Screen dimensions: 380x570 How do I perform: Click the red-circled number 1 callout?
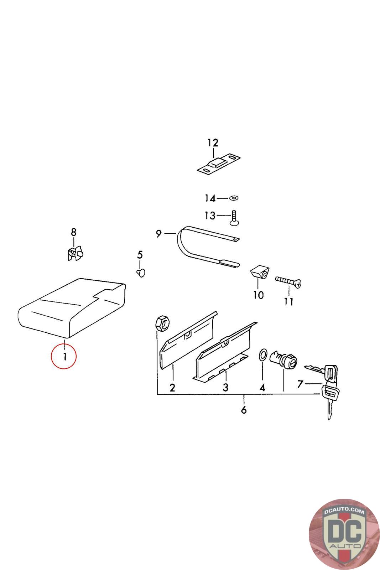pyautogui.click(x=64, y=356)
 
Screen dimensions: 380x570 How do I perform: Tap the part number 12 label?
pyautogui.click(x=213, y=143)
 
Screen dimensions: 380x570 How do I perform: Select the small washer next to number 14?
pyautogui.click(x=234, y=198)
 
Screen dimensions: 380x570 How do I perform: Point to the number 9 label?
pyautogui.click(x=159, y=234)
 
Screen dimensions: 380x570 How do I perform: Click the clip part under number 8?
pyautogui.click(x=74, y=253)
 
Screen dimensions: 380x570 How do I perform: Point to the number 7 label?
pyautogui.click(x=300, y=384)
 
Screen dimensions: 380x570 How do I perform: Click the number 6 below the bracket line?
pyautogui.click(x=244, y=410)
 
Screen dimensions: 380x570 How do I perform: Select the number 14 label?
pyautogui.click(x=210, y=198)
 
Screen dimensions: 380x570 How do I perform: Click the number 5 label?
pyautogui.click(x=140, y=255)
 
